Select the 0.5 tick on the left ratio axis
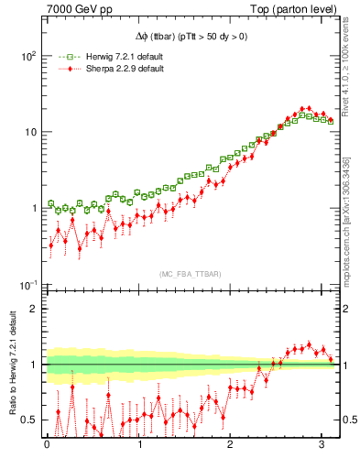click(x=29, y=420)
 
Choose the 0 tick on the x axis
click(x=46, y=446)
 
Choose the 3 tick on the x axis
click(x=322, y=446)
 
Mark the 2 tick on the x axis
click(x=231, y=446)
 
